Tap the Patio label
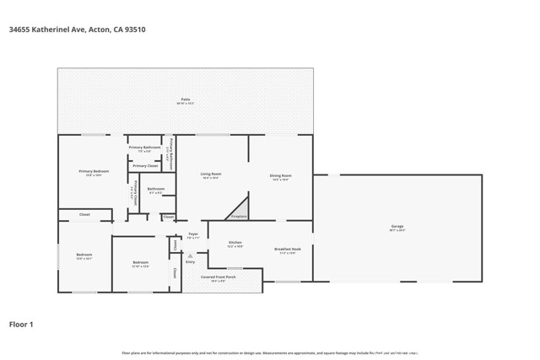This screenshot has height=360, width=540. pos(186,100)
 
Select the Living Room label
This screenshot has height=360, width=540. pos(210,175)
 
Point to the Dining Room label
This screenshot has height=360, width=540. pos(280,175)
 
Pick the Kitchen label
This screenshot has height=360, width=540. pos(235,243)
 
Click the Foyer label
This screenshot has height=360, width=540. pos(193,234)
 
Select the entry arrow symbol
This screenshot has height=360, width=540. pos(190,255)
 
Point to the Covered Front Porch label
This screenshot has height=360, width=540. pos(218,277)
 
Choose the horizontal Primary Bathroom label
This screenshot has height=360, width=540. pos(144,148)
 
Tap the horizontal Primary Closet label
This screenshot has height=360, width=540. pos(145,165)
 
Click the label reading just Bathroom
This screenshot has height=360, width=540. pos(155,189)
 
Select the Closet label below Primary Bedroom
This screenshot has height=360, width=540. pos(84,215)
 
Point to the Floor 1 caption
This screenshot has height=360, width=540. pos(21,324)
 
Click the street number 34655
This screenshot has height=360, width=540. pos(20,30)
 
